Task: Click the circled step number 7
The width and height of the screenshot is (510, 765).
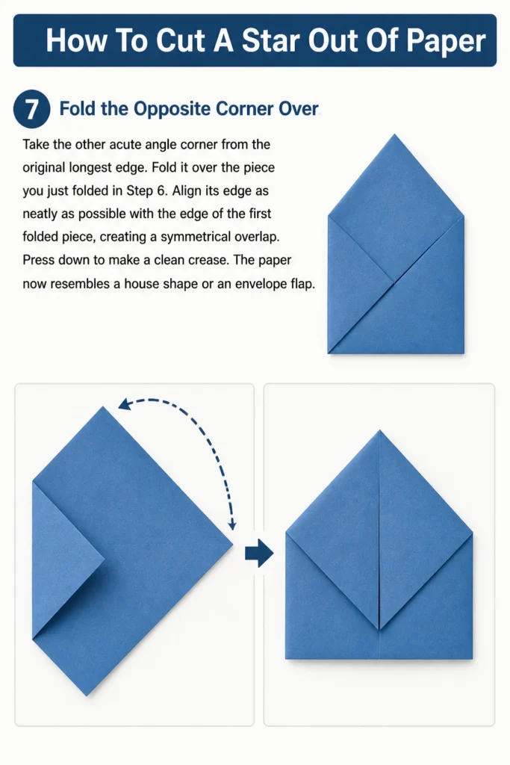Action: click(x=31, y=108)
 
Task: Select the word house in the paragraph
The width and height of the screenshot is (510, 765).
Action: click(x=142, y=283)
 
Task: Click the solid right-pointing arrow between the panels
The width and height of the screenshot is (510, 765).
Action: click(x=259, y=553)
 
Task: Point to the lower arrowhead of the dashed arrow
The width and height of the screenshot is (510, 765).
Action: click(x=232, y=525)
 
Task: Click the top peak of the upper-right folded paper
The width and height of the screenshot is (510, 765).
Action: click(x=394, y=134)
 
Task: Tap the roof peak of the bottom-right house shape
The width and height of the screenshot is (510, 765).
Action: click(x=379, y=431)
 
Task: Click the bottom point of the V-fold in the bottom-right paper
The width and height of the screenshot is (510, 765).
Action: click(x=379, y=629)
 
